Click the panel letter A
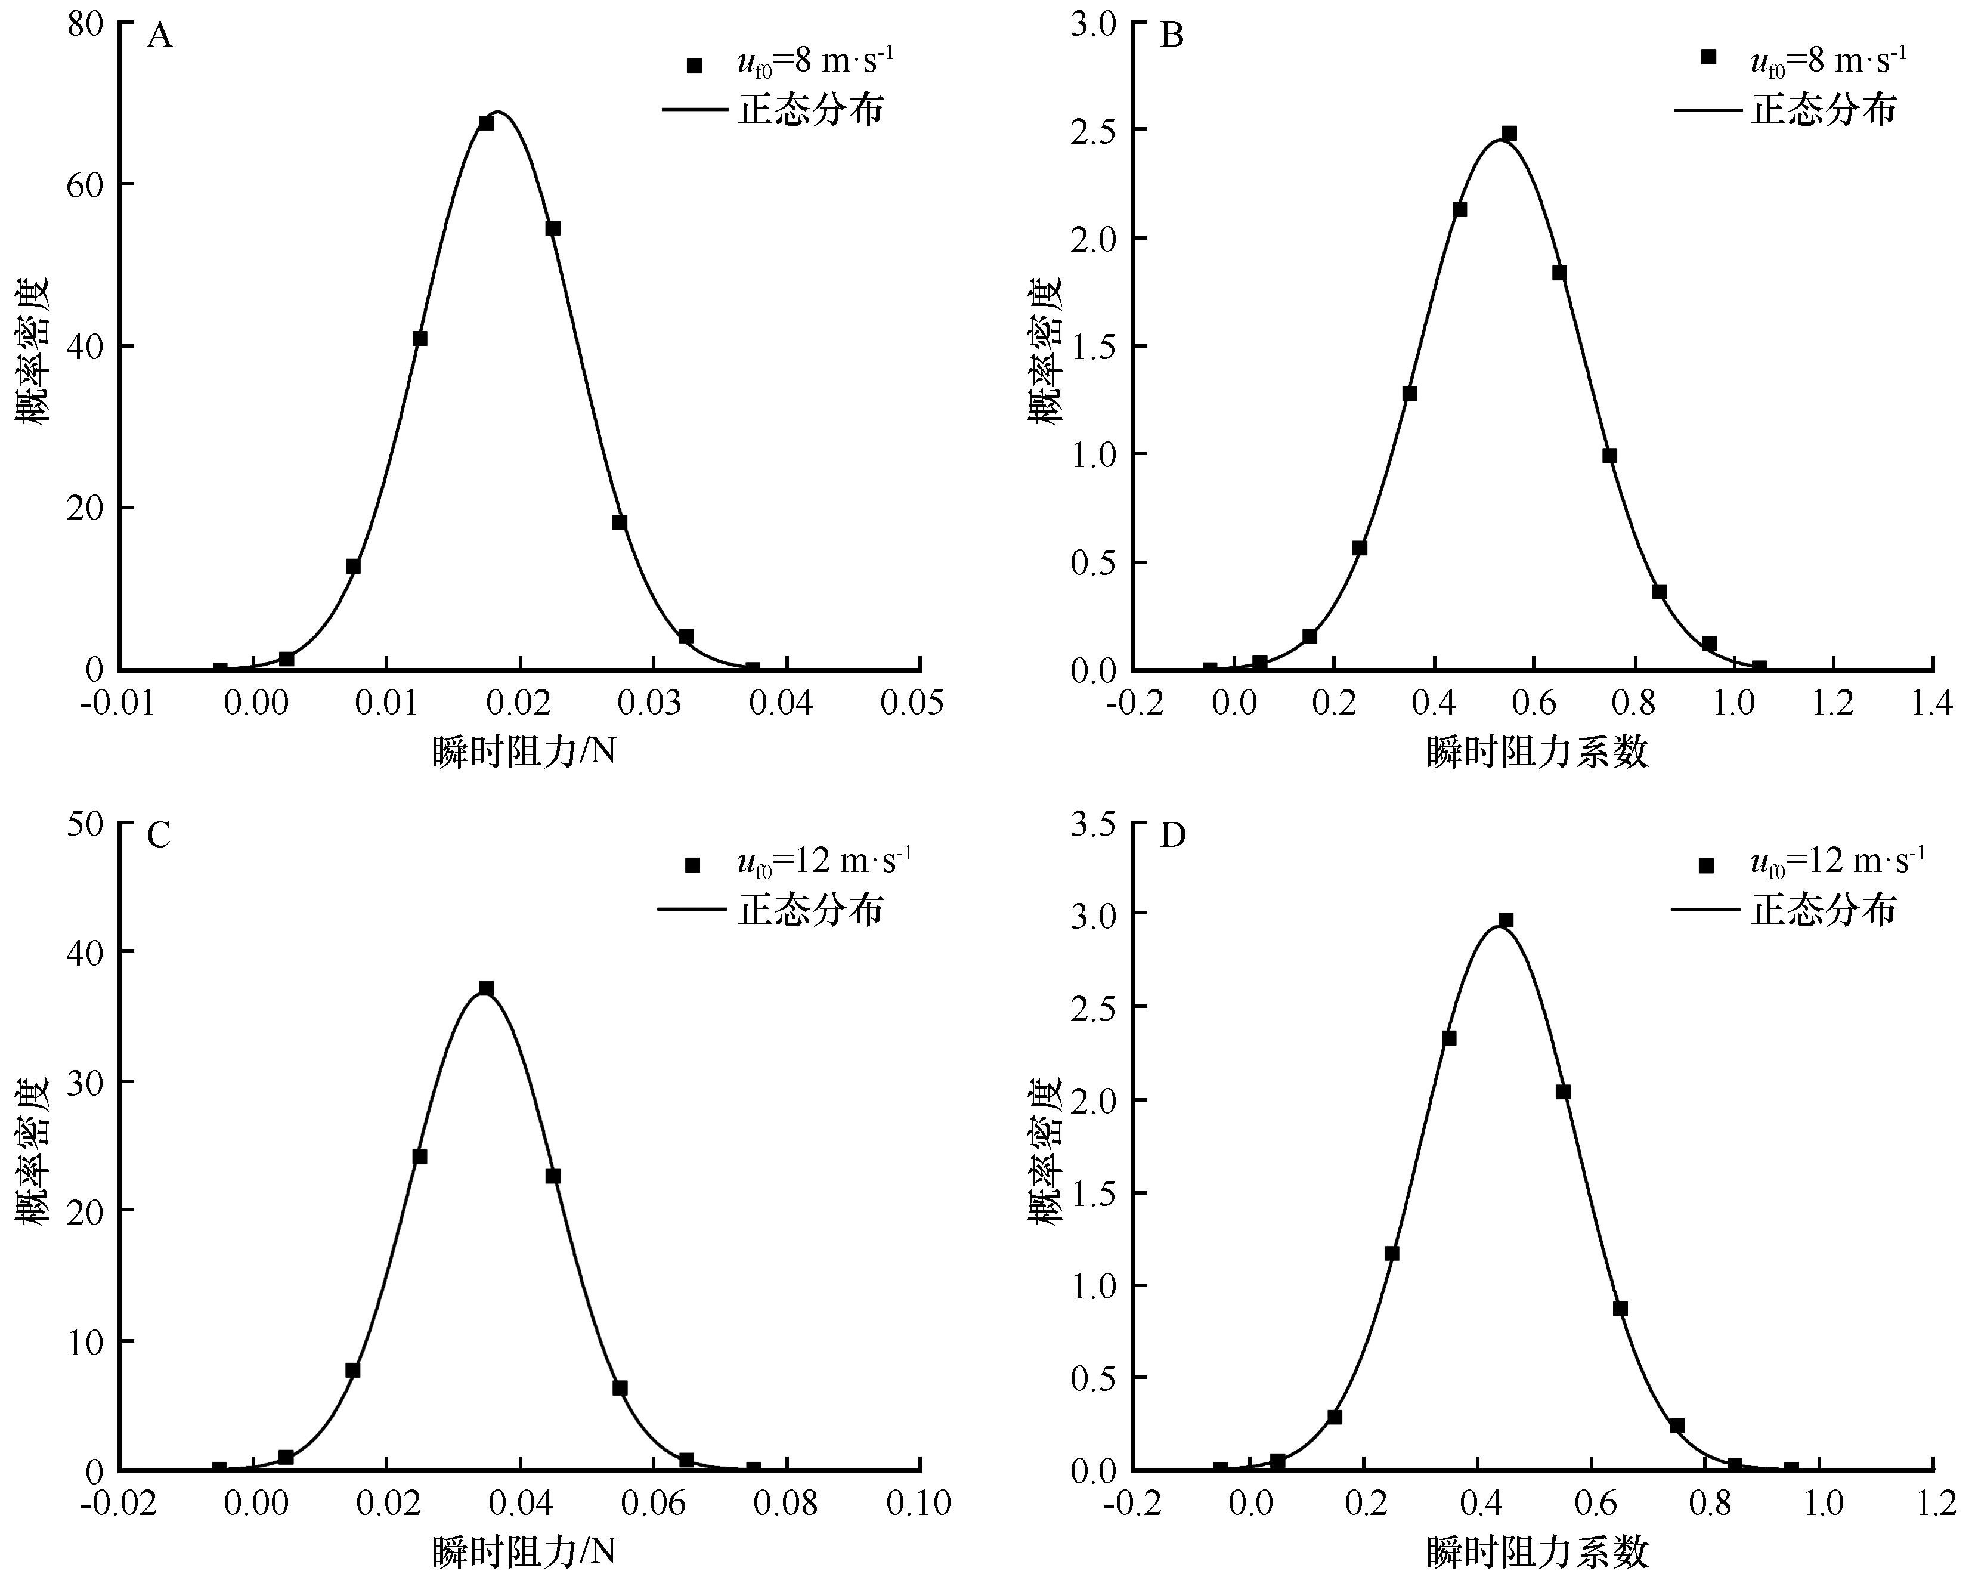[159, 36]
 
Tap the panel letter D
[1172, 835]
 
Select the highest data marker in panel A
[487, 123]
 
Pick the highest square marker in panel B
[1509, 134]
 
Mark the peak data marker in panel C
[487, 989]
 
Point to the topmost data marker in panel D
[1506, 920]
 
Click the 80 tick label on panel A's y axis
[85, 24]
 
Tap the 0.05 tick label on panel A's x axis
[912, 703]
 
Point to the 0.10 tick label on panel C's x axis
[917, 1503]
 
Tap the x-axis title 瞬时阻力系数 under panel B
[1537, 752]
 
